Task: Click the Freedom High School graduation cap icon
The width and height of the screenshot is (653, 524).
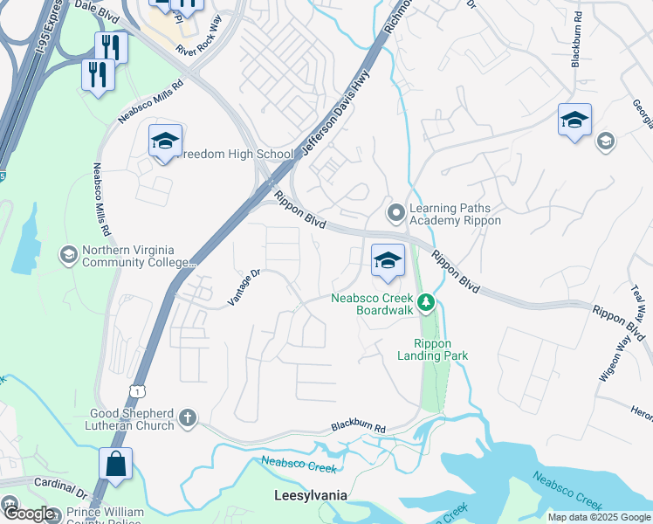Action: [164, 141]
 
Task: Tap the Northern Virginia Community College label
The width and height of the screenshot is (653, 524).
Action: [138, 256]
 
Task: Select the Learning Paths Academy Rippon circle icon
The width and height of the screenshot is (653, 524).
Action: [395, 211]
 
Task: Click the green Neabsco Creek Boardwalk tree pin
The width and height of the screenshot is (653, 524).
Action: [425, 303]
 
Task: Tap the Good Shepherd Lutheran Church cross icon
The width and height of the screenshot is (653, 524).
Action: [187, 419]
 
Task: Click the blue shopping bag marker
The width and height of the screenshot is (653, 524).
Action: [115, 465]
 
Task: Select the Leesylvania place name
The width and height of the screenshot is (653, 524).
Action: [311, 495]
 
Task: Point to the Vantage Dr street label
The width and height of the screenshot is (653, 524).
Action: [244, 287]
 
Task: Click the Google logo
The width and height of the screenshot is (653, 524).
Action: [30, 514]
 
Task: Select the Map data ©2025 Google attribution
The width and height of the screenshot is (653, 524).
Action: [599, 517]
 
